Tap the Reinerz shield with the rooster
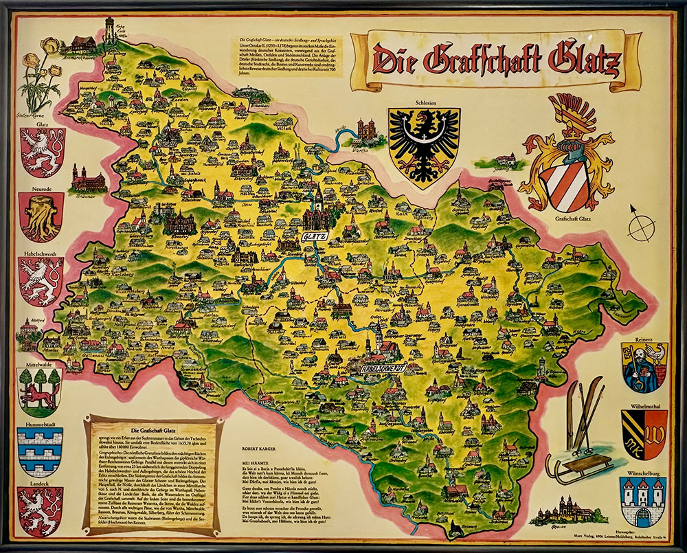644,368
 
